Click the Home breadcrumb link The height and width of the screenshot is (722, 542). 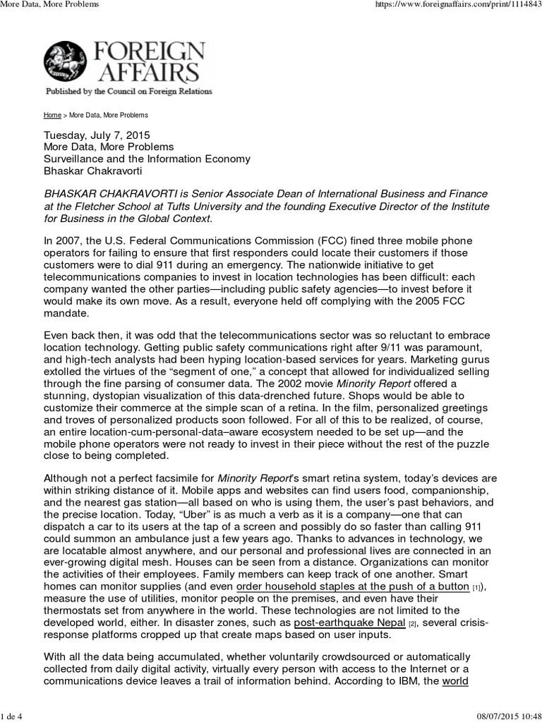(52, 115)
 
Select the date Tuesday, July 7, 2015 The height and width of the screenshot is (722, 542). (97, 135)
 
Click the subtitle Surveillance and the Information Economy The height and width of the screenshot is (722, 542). (147, 159)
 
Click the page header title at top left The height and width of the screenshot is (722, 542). (49, 4)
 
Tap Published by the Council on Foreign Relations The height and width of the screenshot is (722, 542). (128, 92)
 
